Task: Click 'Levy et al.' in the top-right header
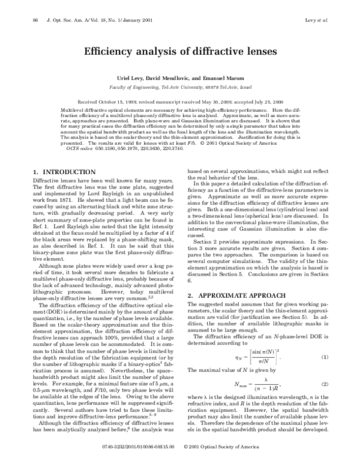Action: [x=317, y=20]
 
